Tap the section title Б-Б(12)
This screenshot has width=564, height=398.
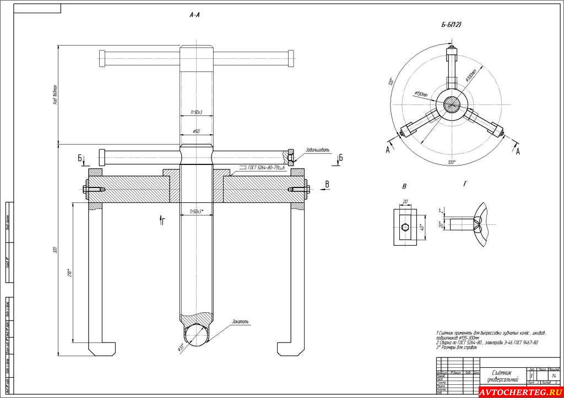pos(451,25)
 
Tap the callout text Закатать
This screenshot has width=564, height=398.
pos(241,321)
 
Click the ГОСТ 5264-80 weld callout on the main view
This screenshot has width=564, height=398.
pos(261,167)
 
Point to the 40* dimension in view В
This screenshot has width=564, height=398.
pos(421,228)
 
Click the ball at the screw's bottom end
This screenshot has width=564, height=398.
pos(196,335)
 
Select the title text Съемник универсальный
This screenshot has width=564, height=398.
pos(502,376)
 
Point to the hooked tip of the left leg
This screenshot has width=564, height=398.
pos(102,350)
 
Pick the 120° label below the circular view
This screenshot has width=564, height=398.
pos(452,163)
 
